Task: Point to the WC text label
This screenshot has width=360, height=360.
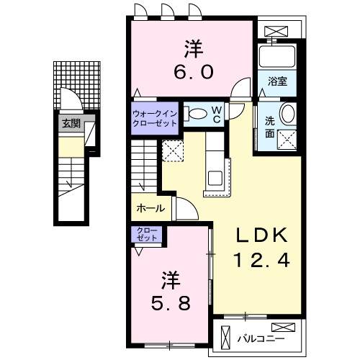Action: (x=216, y=114)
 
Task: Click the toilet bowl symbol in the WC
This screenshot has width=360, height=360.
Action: (x=195, y=112)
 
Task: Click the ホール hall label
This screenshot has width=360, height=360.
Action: (x=149, y=210)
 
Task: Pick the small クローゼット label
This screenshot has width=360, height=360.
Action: (x=148, y=234)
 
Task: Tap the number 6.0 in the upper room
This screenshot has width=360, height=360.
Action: (x=192, y=73)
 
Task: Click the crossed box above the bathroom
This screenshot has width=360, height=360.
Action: (x=277, y=31)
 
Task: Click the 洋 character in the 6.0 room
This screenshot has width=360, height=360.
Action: (x=192, y=49)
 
